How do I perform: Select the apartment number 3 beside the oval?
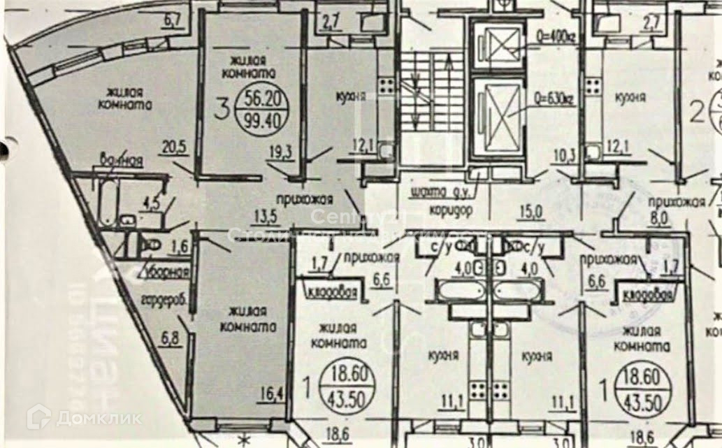pyautogui.click(x=223, y=110)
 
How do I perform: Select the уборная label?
pyautogui.click(x=166, y=273)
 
